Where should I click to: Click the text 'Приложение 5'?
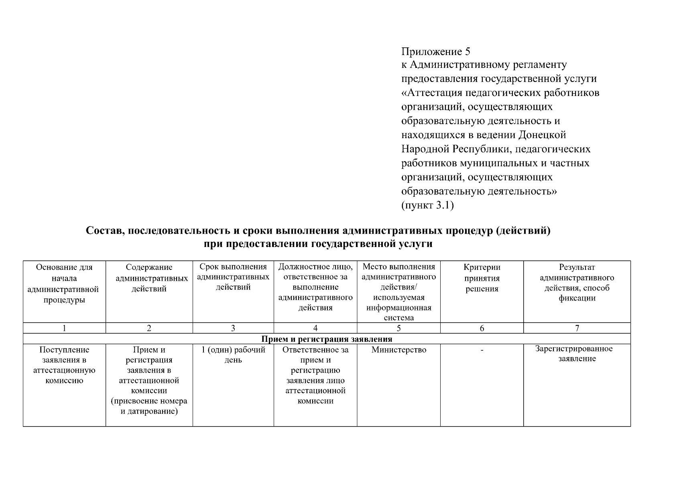pyautogui.click(x=435, y=52)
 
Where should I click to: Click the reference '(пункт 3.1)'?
pyautogui.click(x=427, y=206)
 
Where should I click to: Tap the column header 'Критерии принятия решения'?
pyautogui.click(x=482, y=278)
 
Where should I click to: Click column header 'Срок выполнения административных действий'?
pyautogui.click(x=233, y=277)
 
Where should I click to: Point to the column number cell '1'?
pyautogui.click(x=64, y=328)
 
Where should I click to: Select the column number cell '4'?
pyautogui.click(x=315, y=328)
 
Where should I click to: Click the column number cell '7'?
pyautogui.click(x=577, y=328)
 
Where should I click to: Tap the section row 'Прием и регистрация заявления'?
pyautogui.click(x=327, y=339)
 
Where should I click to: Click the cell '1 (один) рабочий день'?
pyautogui.click(x=233, y=355)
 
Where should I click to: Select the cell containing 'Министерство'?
pyautogui.click(x=398, y=350)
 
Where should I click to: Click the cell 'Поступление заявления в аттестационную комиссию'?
pyautogui.click(x=64, y=365)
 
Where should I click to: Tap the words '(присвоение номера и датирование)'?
pyautogui.click(x=149, y=406)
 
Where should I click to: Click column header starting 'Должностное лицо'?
pyautogui.click(x=315, y=287)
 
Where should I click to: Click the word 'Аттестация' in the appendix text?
pyautogui.click(x=434, y=93)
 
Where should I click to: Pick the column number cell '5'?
pyautogui.click(x=398, y=328)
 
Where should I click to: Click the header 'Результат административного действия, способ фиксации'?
pyautogui.click(x=577, y=283)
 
